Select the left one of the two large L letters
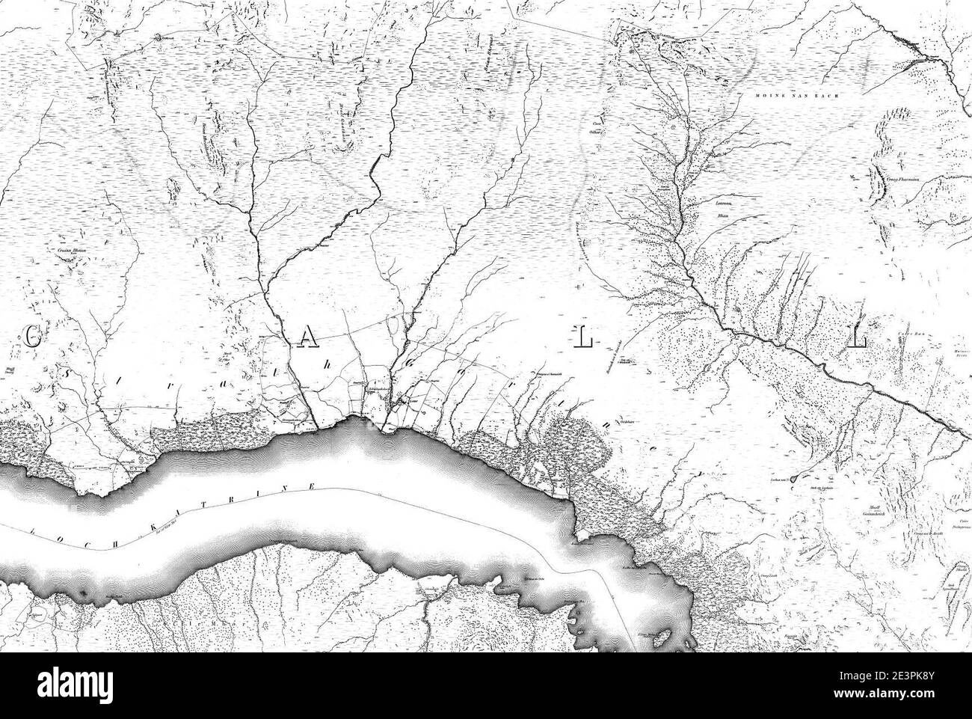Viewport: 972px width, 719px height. click(x=583, y=340)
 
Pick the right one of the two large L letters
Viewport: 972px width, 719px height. click(x=858, y=340)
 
